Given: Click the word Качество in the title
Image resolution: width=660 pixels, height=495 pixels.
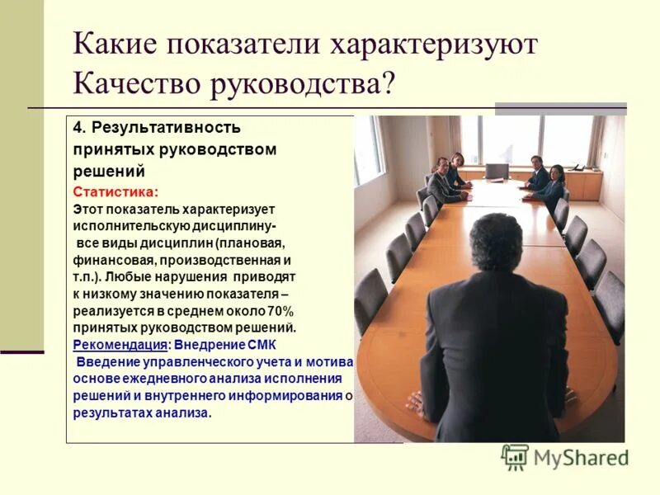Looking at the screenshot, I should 130,82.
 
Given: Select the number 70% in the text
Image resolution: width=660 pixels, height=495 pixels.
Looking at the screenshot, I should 280,311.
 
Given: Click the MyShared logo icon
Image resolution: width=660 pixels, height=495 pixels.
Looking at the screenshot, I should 515,457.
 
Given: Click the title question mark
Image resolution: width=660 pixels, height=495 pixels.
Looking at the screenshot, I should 388,82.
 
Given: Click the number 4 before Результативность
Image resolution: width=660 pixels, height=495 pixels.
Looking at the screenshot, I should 77,128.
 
